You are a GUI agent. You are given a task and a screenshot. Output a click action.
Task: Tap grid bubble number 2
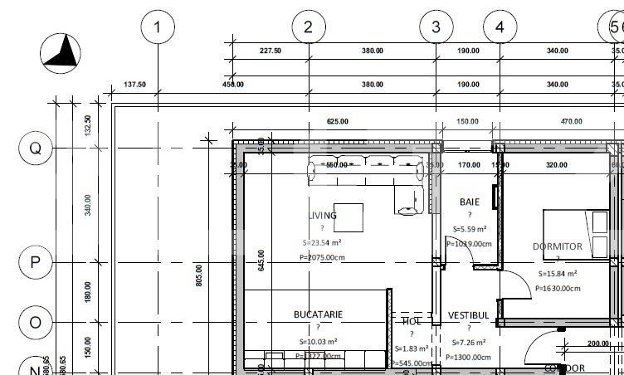pyautogui.click(x=309, y=27)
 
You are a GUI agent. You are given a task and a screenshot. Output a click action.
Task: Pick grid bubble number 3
pyautogui.click(x=436, y=27)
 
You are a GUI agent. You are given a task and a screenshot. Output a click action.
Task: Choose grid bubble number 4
pyautogui.click(x=500, y=27)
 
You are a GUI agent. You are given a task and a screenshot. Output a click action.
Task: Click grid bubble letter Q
pyautogui.click(x=35, y=149)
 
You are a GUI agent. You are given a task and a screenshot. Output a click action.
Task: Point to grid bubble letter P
pyautogui.click(x=35, y=262)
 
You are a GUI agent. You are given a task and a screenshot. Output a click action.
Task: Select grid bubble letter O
pyautogui.click(x=35, y=322)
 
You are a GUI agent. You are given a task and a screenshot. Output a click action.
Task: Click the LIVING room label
pyautogui.click(x=322, y=216)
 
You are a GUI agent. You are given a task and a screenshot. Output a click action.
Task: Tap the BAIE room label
pyautogui.click(x=470, y=202)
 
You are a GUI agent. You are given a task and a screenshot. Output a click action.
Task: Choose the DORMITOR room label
pyautogui.click(x=558, y=246)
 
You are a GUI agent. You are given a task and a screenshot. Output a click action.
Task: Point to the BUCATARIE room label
pyautogui.click(x=318, y=314)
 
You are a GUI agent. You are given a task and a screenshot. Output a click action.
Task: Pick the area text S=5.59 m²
pyautogui.click(x=470, y=229)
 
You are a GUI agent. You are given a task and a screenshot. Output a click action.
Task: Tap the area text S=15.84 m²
pyautogui.click(x=558, y=273)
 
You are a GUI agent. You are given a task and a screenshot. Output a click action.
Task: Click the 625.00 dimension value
pyautogui.click(x=338, y=122)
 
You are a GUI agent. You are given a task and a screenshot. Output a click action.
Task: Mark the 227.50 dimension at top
pyautogui.click(x=271, y=51)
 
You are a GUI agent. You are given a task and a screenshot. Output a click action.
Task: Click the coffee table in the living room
pyautogui.click(x=349, y=217)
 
